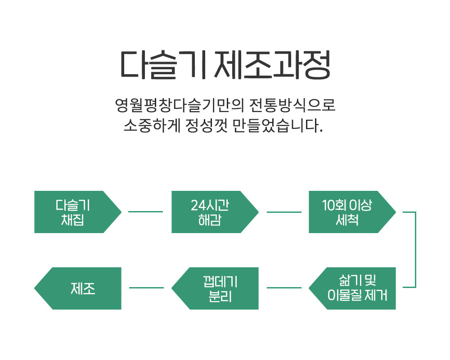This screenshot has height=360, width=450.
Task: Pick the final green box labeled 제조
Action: point(81,288)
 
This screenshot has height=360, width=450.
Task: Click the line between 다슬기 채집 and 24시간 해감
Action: point(145,211)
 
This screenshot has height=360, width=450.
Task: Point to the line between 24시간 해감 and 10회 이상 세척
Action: point(284,211)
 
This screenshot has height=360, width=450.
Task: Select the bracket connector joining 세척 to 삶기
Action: point(415,249)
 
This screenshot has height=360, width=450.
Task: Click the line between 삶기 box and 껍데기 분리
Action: point(284,288)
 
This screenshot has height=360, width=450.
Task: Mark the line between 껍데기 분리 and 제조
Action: point(146,288)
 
